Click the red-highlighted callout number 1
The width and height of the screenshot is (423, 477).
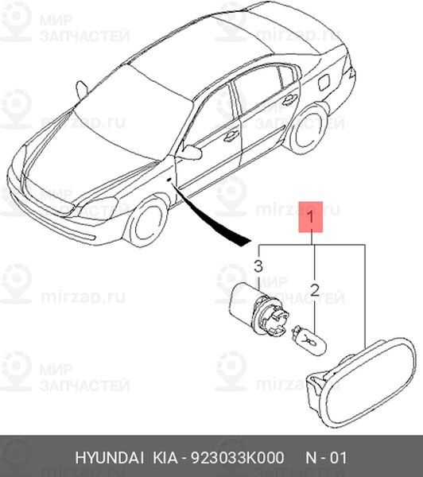coord(310,217)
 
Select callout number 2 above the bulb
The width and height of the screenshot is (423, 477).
coord(315,290)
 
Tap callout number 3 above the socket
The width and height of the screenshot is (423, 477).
coord(258,266)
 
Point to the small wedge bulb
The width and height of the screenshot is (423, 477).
coord(309,339)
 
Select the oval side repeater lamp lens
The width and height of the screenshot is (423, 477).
coord(361,381)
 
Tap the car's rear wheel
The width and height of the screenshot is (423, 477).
coord(308,129)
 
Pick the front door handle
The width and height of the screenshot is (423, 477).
coord(231,136)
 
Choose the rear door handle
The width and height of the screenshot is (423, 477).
coord(289,99)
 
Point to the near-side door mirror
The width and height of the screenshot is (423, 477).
coord(192,152)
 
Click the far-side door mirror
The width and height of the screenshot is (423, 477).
coord(82,89)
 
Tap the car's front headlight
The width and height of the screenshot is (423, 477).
coord(97,208)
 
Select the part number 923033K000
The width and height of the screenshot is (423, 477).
coord(237,458)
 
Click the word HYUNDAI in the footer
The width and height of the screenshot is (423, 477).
coord(109,458)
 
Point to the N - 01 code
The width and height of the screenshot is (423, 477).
coord(326,458)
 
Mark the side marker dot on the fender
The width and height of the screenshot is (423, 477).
coord(169,180)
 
